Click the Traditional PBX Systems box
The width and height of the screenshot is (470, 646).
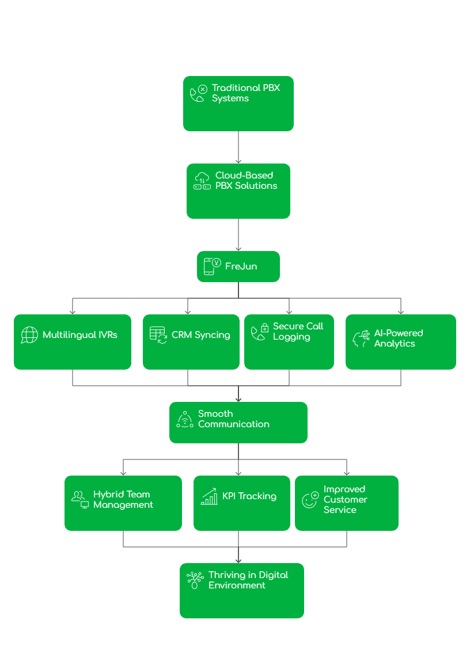(x=238, y=104)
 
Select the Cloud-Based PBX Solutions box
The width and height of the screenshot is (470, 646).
(x=238, y=191)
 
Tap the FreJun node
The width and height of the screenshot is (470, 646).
(x=238, y=267)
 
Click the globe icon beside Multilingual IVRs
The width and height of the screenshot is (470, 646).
(x=29, y=335)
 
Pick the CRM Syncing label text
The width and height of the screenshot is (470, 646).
(x=200, y=335)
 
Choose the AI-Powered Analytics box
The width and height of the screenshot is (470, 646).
(x=401, y=342)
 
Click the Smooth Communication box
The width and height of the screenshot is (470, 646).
(x=238, y=423)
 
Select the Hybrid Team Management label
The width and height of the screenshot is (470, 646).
(x=123, y=500)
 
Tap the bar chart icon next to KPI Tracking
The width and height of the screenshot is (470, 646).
(x=209, y=497)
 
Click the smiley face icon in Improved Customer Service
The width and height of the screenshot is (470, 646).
(x=310, y=500)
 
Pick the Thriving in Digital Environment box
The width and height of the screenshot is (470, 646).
(x=242, y=591)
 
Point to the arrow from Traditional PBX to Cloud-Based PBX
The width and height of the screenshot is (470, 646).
(x=238, y=147)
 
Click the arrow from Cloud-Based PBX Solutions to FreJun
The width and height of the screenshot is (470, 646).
(x=238, y=235)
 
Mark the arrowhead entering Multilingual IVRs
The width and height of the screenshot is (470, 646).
(x=73, y=311)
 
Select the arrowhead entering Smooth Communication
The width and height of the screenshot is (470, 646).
(x=238, y=398)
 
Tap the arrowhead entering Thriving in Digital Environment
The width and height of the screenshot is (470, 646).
(x=238, y=560)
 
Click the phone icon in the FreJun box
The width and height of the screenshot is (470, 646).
(x=211, y=266)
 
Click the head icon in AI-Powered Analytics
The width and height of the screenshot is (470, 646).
(x=361, y=339)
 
